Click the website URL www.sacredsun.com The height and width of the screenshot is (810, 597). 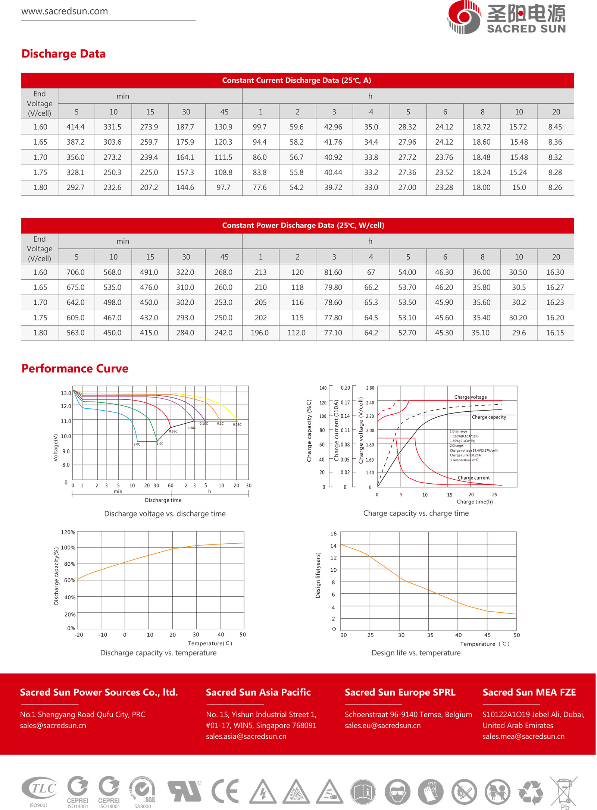(65, 11)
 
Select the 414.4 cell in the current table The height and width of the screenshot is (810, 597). (75, 127)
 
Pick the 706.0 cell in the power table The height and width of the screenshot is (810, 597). (75, 273)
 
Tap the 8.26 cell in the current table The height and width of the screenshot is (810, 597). (555, 188)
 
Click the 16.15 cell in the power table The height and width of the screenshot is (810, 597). (555, 333)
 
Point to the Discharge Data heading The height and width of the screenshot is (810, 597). (63, 54)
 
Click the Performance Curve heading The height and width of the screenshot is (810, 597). (75, 368)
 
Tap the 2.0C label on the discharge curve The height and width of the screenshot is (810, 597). (137, 444)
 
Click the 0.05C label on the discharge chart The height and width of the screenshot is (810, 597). (237, 424)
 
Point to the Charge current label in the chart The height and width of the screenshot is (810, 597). (473, 478)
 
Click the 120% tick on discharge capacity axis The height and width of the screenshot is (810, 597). (68, 532)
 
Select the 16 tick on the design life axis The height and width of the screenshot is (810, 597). (333, 534)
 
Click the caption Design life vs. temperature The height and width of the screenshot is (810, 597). (416, 653)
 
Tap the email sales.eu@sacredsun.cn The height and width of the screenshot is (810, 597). (382, 725)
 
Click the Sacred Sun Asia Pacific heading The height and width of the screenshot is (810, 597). (258, 692)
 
